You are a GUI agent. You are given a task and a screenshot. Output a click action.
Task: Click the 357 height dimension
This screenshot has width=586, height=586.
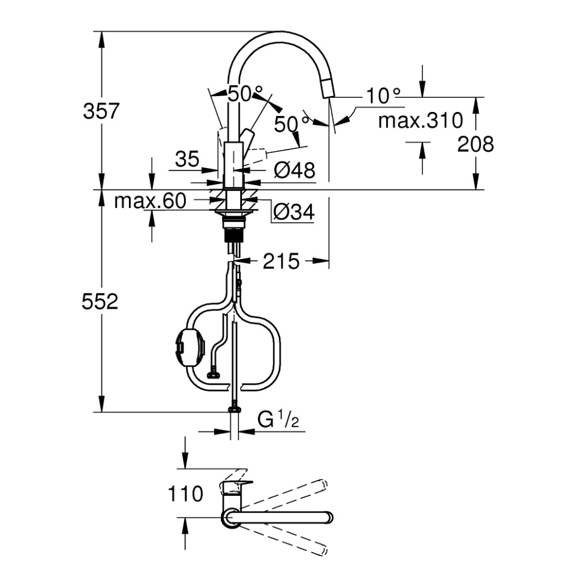pos(101,111)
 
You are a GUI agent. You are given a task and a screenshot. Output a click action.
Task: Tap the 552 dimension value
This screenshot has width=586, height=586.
pos(100,301)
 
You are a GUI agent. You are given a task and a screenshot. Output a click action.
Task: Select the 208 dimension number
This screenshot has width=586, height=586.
pos(475,144)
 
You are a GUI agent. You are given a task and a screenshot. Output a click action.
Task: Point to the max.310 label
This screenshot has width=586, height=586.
pos(420,120)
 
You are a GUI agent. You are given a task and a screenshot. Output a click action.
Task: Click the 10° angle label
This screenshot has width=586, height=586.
pos(383,96)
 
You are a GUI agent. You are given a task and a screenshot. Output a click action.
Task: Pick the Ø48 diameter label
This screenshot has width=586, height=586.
pos(295,171)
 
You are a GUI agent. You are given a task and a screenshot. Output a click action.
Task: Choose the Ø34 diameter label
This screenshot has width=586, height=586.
pos(294,212)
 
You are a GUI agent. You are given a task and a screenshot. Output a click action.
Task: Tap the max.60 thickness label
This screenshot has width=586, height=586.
pos(150,200)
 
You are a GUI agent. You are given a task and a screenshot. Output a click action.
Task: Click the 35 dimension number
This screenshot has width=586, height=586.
pos(188,159)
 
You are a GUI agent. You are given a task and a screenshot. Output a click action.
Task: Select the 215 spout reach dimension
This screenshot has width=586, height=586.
pos(281,261)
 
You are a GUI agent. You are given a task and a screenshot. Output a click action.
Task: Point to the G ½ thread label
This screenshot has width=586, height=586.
pos(278,420)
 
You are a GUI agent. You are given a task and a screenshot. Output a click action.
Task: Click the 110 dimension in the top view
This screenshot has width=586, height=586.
pos(185,493)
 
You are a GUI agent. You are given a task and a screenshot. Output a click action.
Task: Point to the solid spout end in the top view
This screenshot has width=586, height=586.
pos(328,518)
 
